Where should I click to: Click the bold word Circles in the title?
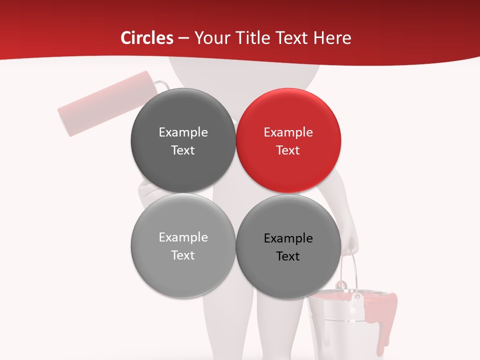click(x=146, y=38)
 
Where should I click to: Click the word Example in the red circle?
click(x=288, y=132)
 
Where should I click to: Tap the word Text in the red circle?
click(x=288, y=150)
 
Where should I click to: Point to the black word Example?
click(x=288, y=238)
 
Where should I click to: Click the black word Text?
click(x=288, y=256)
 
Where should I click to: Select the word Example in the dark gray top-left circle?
click(x=183, y=132)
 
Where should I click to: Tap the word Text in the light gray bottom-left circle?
click(x=183, y=255)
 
